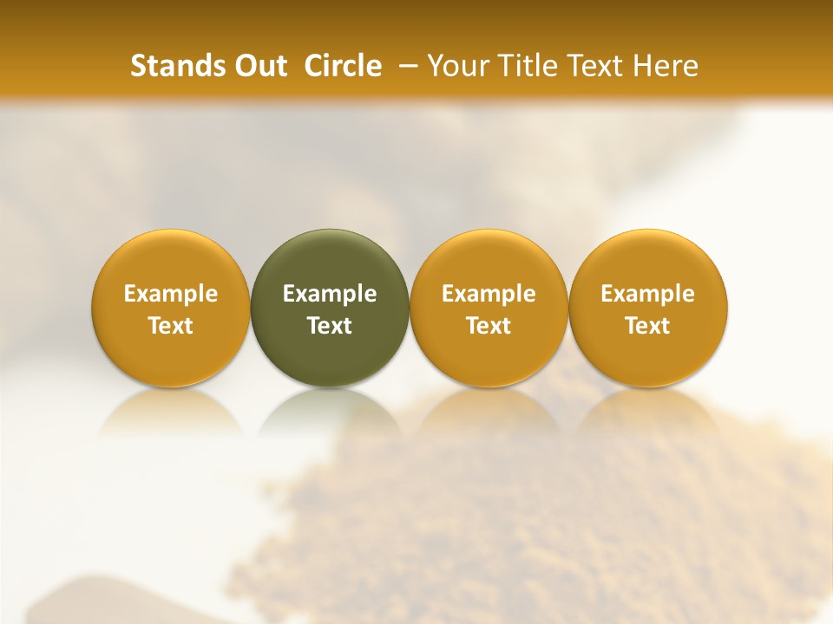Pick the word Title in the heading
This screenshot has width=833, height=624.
pos(528,66)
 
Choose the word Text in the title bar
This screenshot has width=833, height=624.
pos(599,66)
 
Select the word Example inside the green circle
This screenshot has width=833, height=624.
pos(330,294)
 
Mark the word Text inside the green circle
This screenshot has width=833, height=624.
pos(330,326)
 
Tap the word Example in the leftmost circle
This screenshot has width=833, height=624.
pos(170,294)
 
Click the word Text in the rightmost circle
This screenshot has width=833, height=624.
pos(648,326)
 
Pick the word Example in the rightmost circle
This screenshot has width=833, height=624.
pos(648,294)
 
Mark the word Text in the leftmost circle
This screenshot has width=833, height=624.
pos(170,326)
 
